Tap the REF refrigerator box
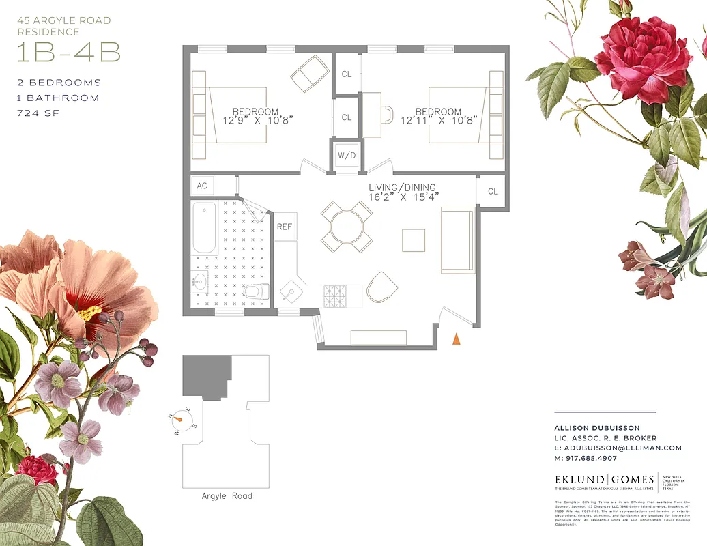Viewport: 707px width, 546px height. pyautogui.click(x=285, y=227)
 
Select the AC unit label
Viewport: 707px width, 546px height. pyautogui.click(x=202, y=186)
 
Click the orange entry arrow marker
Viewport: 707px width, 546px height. pyautogui.click(x=457, y=337)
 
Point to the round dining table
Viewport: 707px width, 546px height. pyautogui.click(x=347, y=227)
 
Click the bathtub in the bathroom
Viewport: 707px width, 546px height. pyautogui.click(x=205, y=228)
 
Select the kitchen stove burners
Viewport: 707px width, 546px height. pyautogui.click(x=335, y=295)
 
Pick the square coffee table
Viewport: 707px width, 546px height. pyautogui.click(x=413, y=240)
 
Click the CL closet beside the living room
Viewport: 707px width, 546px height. pyautogui.click(x=493, y=191)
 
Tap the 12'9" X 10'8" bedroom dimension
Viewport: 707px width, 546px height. pyautogui.click(x=256, y=121)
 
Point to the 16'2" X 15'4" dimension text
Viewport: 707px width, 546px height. pyautogui.click(x=403, y=197)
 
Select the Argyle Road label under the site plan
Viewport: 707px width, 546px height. pyautogui.click(x=227, y=495)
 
